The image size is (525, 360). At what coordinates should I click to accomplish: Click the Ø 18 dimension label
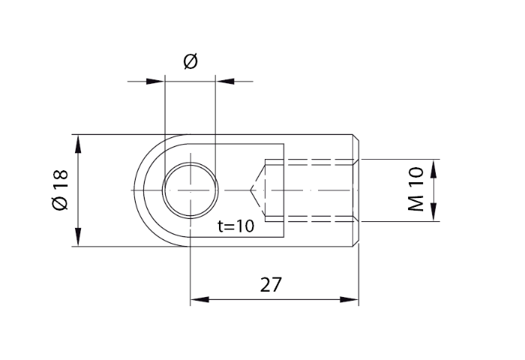61,190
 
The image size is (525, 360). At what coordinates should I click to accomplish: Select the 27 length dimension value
271,285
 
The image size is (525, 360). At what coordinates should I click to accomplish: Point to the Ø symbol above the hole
190,62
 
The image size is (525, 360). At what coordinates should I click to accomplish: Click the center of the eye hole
190,190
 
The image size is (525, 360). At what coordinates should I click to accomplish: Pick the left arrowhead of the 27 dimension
199,300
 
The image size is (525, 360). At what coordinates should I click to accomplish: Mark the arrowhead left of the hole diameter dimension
154,79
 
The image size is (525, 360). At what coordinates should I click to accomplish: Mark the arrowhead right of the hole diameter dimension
223,79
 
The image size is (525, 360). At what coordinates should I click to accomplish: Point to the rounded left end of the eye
136,190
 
